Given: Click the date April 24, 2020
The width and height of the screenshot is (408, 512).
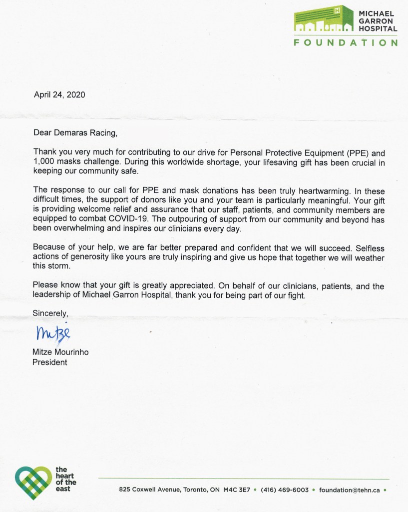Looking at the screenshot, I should coord(59,94).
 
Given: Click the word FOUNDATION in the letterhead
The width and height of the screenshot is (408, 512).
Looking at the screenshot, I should coord(345,42).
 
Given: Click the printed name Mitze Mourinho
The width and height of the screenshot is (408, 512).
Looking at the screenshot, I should coord(60,352).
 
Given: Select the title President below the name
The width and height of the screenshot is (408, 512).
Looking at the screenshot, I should coord(50,362).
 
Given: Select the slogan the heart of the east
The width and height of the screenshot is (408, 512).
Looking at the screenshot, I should coord(65,479).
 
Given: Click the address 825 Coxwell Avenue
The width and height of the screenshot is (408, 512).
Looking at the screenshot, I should coord(150,490).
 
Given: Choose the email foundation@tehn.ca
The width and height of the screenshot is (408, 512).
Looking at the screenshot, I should coord(350,490).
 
